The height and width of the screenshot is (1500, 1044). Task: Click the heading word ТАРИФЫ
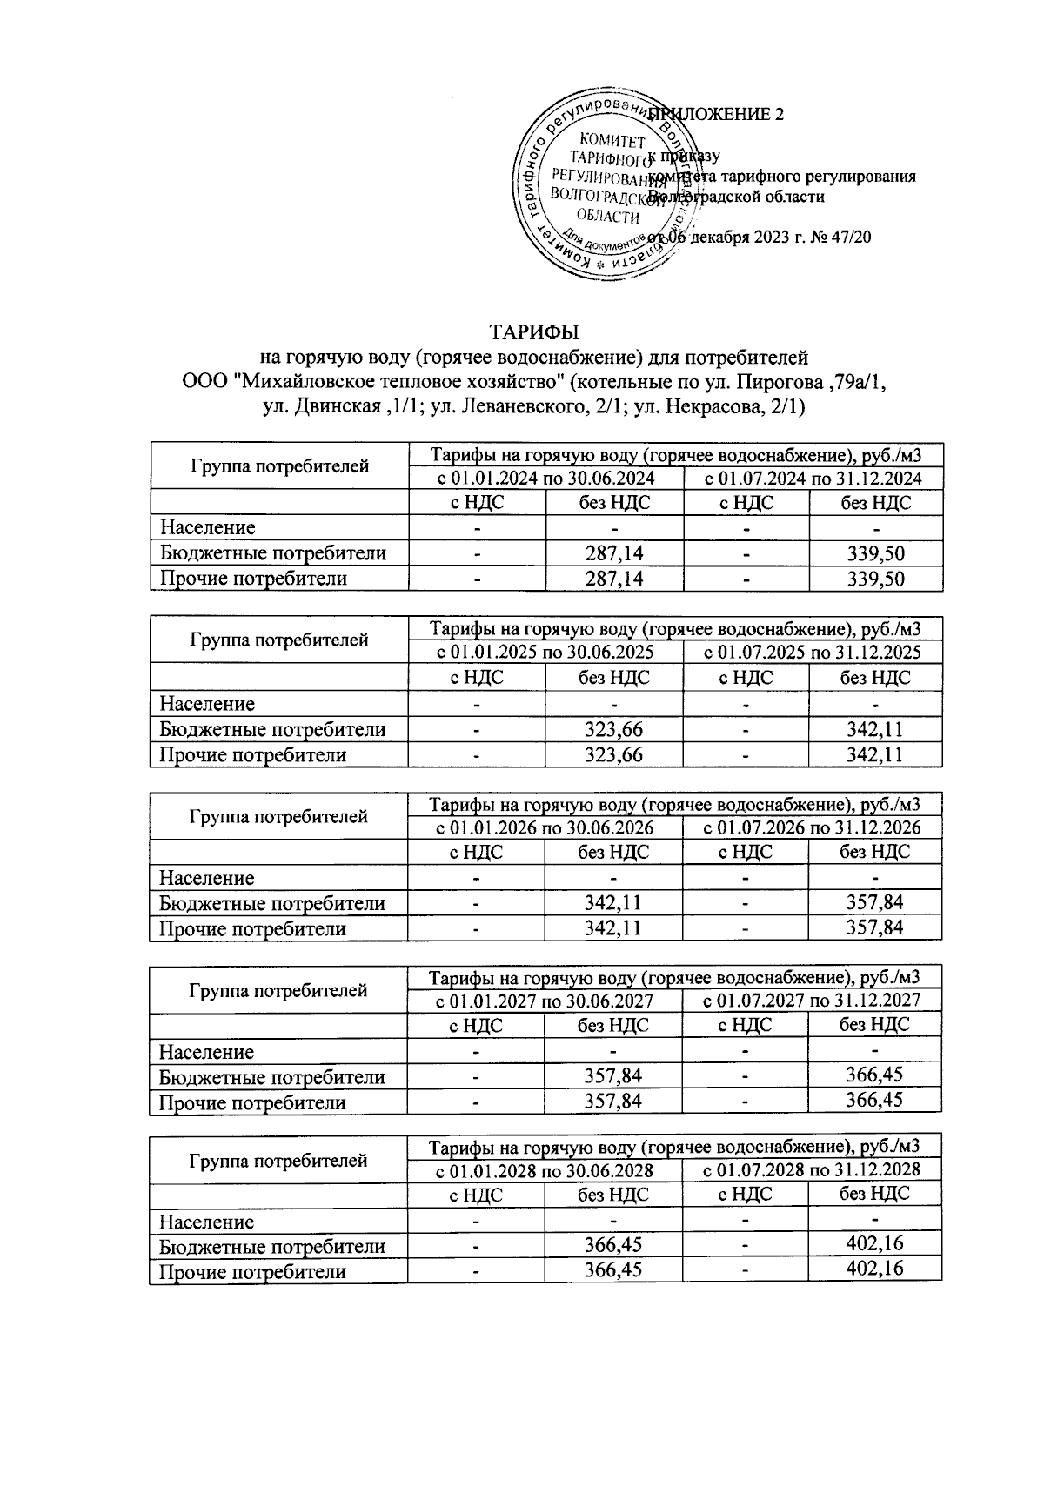534,332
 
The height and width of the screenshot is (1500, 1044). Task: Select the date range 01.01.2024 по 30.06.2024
545,479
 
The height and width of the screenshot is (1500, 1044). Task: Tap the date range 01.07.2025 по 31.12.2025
812,653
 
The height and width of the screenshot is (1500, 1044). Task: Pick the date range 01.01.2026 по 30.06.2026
545,827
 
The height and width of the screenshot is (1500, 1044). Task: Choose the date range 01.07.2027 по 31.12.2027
811,1001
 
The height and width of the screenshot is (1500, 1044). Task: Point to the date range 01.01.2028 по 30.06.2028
545,1171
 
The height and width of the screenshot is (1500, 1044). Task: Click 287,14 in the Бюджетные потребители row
614,553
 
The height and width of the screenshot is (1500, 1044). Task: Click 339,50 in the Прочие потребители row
875,579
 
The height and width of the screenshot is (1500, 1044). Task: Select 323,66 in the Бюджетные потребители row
614,730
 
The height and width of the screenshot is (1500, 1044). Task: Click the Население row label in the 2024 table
207,528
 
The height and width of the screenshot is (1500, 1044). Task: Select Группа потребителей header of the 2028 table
278,1161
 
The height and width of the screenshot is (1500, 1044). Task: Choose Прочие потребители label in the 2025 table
252,755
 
